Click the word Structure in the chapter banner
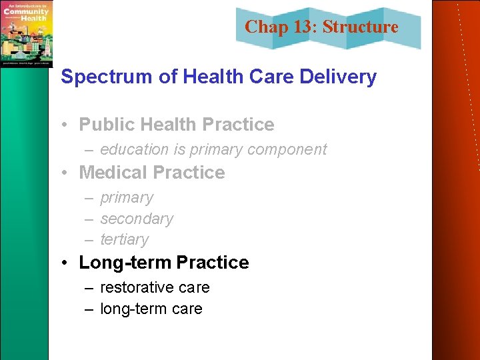coord(360,27)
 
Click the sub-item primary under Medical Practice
coord(127,198)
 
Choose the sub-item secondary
coord(137,219)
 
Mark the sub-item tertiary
coord(125,239)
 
